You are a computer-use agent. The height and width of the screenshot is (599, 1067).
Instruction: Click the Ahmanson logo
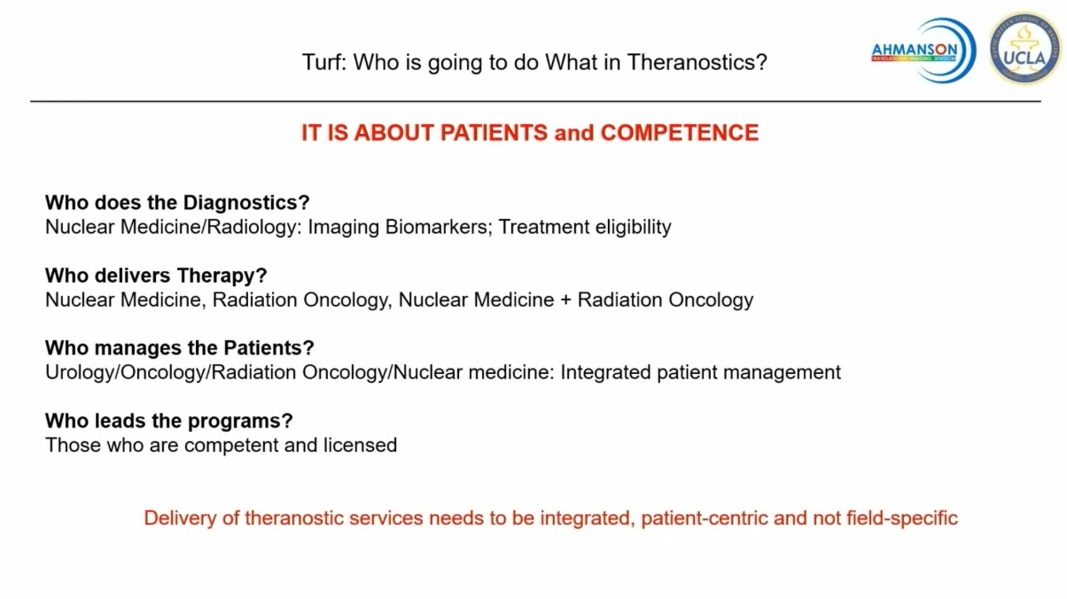[x=923, y=51]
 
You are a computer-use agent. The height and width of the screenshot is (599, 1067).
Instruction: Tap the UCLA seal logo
[x=1024, y=49]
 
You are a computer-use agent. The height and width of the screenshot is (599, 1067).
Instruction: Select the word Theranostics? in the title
[x=697, y=62]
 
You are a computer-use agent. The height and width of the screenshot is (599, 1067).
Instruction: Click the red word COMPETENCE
[x=679, y=132]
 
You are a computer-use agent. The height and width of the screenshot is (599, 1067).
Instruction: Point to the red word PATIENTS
[x=494, y=132]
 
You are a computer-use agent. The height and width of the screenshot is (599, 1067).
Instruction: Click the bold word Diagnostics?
[x=246, y=203]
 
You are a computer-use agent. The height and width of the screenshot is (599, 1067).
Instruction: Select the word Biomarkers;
[x=439, y=227]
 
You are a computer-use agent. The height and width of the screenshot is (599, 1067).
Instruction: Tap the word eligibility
[x=633, y=228]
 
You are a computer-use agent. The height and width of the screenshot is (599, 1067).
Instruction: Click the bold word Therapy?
[x=222, y=276]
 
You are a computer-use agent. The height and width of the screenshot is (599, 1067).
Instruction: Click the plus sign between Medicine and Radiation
[x=566, y=300]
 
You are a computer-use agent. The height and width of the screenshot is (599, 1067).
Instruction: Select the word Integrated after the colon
[x=605, y=373]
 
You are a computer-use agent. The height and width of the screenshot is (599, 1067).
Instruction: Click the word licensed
[x=360, y=445]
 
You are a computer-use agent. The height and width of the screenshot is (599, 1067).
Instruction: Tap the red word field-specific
[x=901, y=518]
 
